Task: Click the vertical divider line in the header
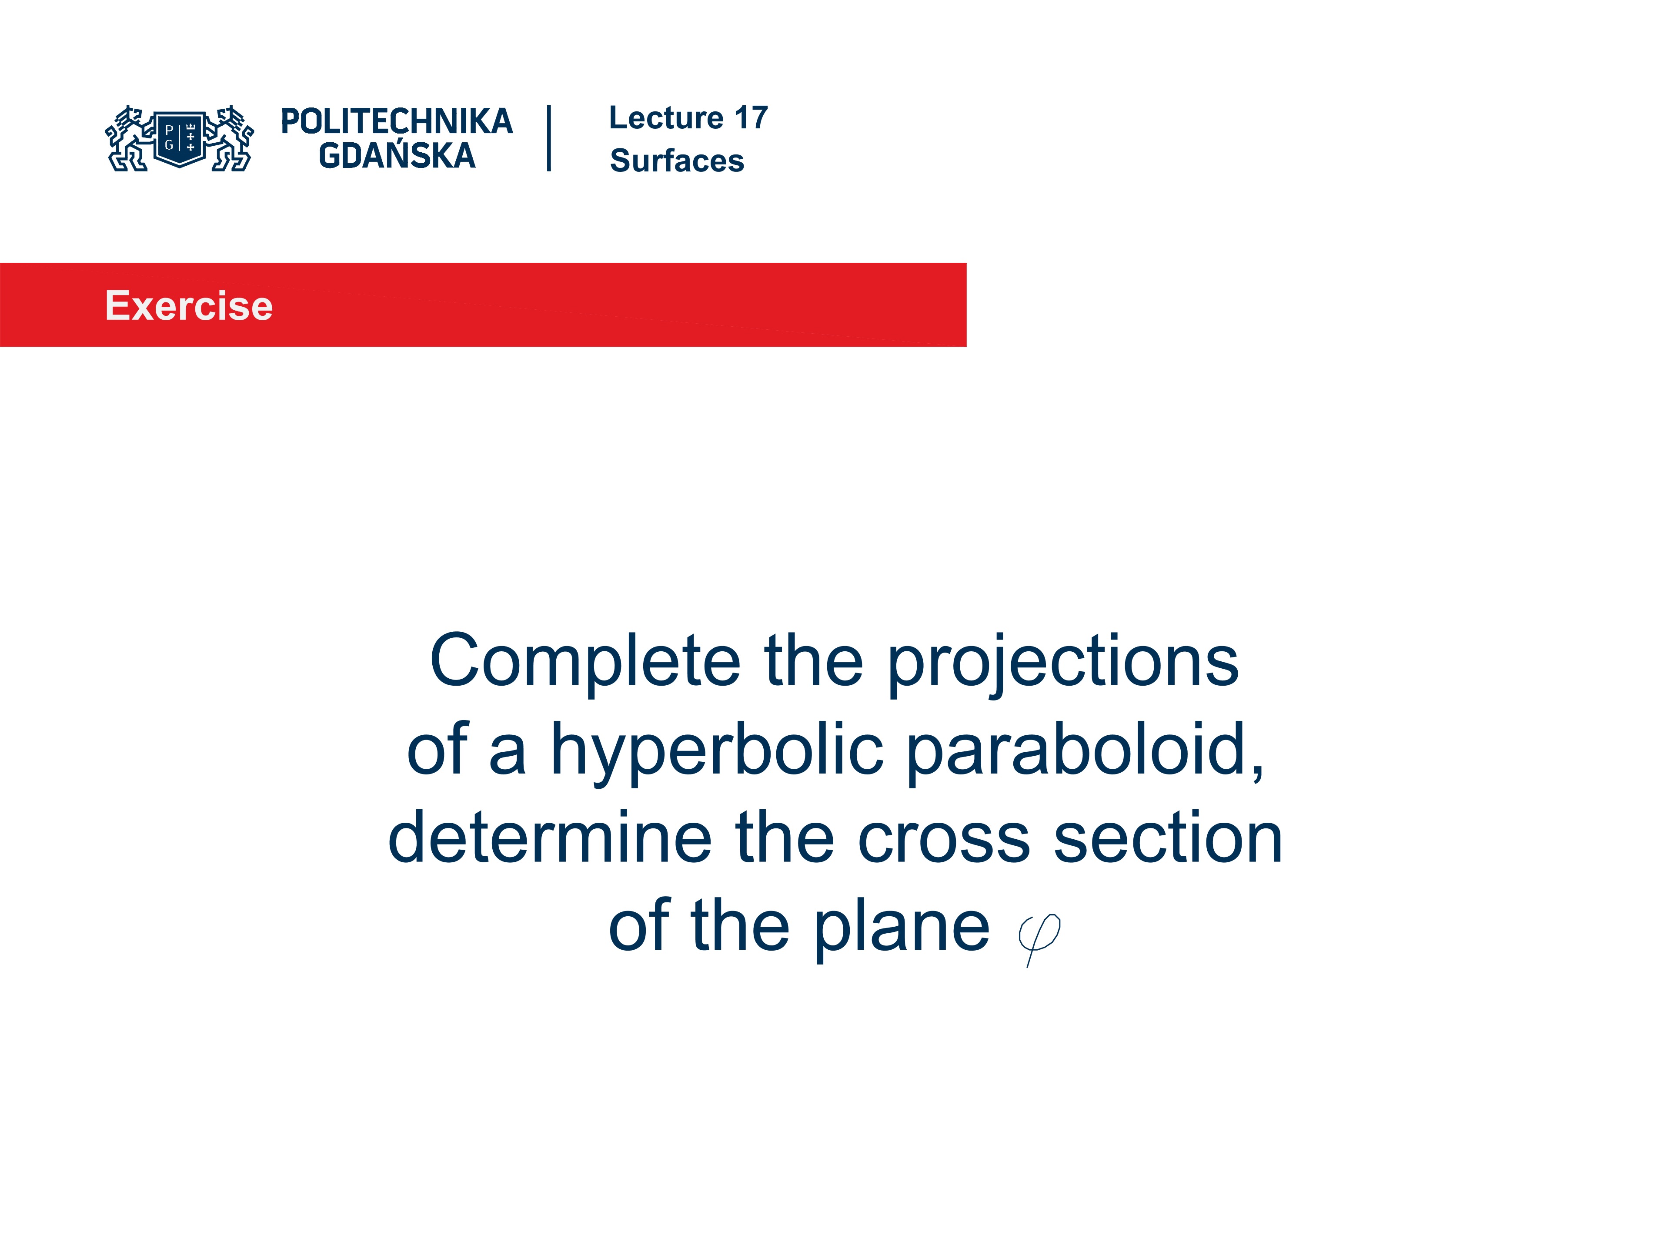[549, 138]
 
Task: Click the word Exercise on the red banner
[189, 306]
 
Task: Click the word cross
[944, 840]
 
